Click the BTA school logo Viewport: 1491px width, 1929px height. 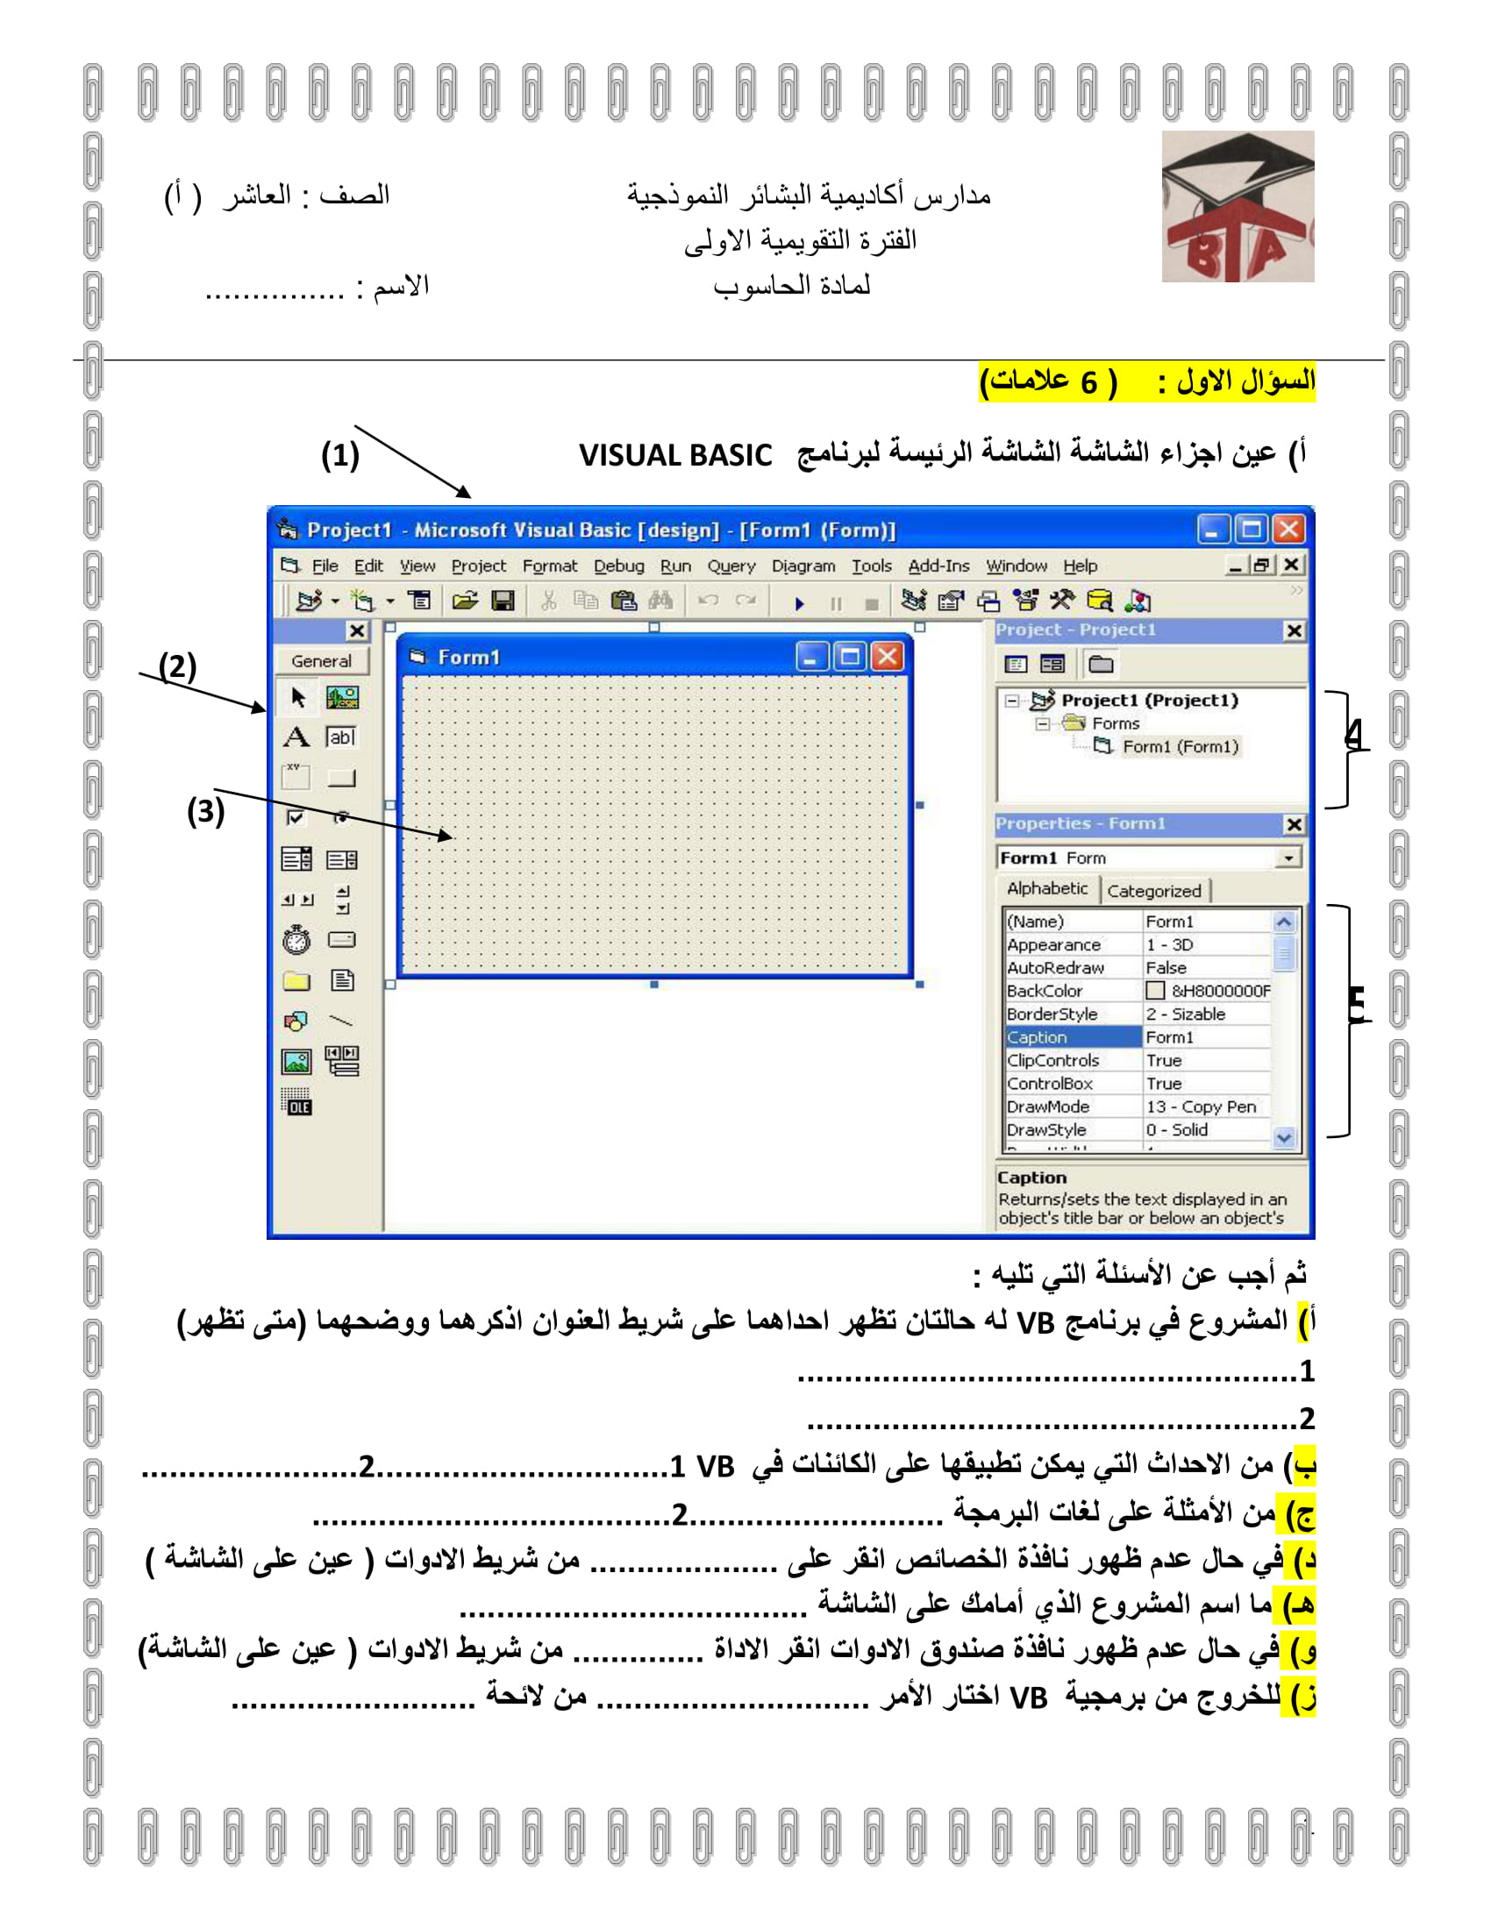pyautogui.click(x=1237, y=208)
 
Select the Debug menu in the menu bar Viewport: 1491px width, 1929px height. pyautogui.click(x=618, y=566)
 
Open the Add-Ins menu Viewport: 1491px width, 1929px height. pyautogui.click(x=938, y=566)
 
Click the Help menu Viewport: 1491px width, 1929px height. pyautogui.click(x=1080, y=566)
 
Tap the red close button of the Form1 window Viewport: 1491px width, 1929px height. pyautogui.click(x=888, y=656)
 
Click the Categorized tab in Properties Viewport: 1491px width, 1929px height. pyautogui.click(x=1153, y=890)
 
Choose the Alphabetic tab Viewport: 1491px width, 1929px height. pyautogui.click(x=1046, y=888)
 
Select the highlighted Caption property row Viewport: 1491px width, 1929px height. pyautogui.click(x=1073, y=1037)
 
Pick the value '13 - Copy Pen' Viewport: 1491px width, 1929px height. pyautogui.click(x=1201, y=1107)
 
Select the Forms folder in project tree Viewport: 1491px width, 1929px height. pyautogui.click(x=1115, y=723)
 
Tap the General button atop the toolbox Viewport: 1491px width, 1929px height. pyautogui.click(x=321, y=660)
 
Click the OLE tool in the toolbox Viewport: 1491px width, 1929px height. pyautogui.click(x=296, y=1102)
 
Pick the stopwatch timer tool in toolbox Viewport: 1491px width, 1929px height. pyautogui.click(x=296, y=939)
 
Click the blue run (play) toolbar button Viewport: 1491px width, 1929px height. pyautogui.click(x=799, y=603)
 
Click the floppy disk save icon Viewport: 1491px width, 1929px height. pyautogui.click(x=503, y=601)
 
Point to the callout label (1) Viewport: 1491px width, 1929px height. pyautogui.click(x=340, y=455)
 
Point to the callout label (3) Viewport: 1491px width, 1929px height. pyautogui.click(x=206, y=811)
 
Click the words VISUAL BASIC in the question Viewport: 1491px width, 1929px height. pyautogui.click(x=674, y=455)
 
